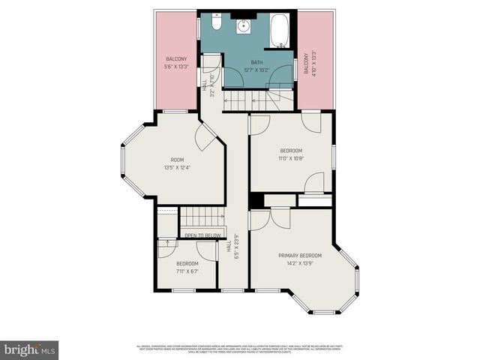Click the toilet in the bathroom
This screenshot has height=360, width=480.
point(216,26)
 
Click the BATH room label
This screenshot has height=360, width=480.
point(257,62)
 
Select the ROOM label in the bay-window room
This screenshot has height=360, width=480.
point(177,159)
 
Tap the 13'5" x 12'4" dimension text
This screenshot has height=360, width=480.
point(177,166)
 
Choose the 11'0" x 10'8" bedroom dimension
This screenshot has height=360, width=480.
point(291,158)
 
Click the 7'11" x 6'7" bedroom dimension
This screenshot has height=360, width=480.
point(187,271)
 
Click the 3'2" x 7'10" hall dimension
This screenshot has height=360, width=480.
point(212,84)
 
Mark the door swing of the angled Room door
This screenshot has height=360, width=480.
point(204,136)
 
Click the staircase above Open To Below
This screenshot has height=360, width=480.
point(202,217)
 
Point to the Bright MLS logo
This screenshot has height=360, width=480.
point(30,349)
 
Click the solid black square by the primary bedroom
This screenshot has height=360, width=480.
point(256,201)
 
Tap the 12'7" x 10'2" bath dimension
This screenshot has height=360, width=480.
point(257,70)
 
